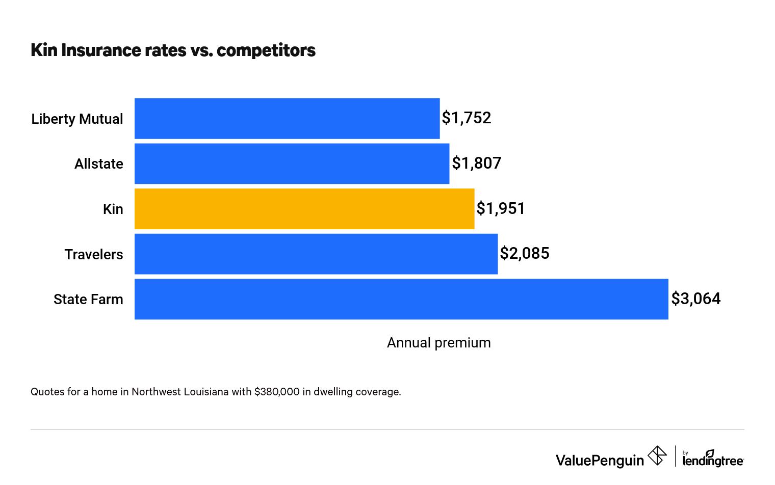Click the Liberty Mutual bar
pos(287,118)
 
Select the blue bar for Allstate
pos(292,164)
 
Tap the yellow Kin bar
pos(304,209)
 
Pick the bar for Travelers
pos(316,254)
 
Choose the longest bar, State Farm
pos(401,299)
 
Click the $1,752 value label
pos(466,118)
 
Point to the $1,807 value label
pos(476,164)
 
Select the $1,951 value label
pos(501,209)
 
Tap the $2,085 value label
pos(524,254)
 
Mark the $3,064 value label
pos(695,299)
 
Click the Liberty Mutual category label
pos(77,119)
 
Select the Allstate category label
pos(98,164)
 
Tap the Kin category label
pos(113,209)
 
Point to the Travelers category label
pos(94,255)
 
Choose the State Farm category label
pos(88,300)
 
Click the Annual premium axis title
pos(438,343)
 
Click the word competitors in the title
pos(266,50)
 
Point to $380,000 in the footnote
pos(277,392)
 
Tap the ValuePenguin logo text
pos(600,461)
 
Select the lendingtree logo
pos(713,459)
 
